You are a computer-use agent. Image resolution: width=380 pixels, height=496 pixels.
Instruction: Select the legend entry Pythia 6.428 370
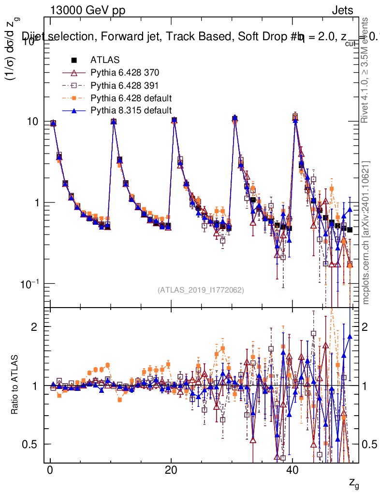click(125, 73)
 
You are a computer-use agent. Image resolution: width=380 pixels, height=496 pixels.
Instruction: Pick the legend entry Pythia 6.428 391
click(125, 85)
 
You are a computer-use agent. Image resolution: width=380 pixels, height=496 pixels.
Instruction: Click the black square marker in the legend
click(74, 60)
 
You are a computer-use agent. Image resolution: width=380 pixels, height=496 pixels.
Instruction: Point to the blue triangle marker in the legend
click(74, 110)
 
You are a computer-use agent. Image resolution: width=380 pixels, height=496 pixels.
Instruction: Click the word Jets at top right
click(342, 11)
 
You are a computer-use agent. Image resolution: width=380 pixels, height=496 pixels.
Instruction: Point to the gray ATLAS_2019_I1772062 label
click(201, 290)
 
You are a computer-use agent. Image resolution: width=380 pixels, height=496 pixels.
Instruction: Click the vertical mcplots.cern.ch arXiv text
click(366, 232)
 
